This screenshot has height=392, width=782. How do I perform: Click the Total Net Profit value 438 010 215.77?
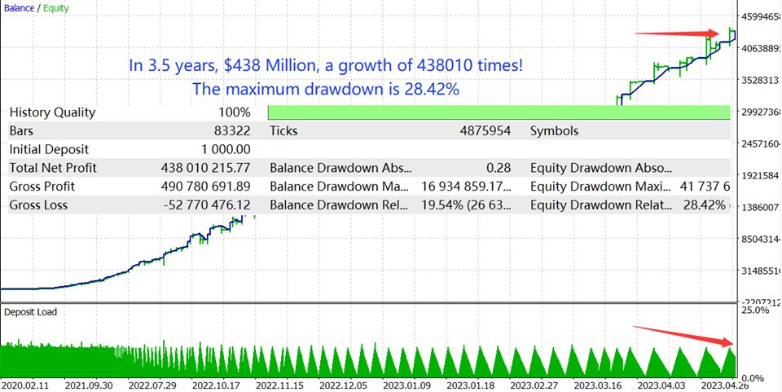[206, 168]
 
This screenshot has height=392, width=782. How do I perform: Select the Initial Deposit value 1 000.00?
[226, 149]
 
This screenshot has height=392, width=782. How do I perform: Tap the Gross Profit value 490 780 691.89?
[206, 187]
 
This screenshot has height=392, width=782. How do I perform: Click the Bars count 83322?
[232, 130]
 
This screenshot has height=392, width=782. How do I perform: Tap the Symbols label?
[554, 130]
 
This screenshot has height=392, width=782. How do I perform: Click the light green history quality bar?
[499, 112]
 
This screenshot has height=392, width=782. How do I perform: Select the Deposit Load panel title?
[30, 311]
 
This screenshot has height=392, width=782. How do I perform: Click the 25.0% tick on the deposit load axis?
[754, 311]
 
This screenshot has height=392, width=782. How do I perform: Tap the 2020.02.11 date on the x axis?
[27, 385]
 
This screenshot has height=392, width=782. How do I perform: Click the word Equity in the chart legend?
[56, 8]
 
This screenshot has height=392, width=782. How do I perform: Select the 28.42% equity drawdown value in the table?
[705, 205]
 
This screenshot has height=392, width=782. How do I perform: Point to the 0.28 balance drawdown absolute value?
[499, 168]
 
